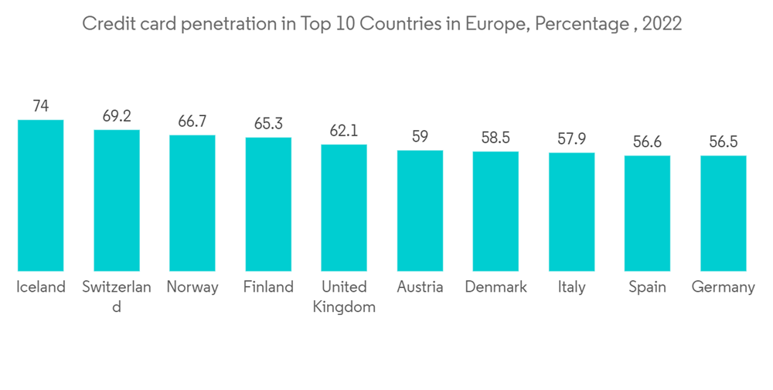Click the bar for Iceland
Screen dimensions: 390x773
click(41, 195)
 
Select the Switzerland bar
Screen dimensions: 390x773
click(117, 200)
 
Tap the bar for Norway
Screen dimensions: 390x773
click(192, 203)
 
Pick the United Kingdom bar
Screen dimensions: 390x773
click(344, 207)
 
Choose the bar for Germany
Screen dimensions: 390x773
click(724, 213)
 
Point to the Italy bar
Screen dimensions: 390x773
click(572, 211)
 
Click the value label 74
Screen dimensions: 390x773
click(41, 106)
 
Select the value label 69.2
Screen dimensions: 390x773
click(117, 116)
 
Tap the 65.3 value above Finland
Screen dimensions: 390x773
click(268, 124)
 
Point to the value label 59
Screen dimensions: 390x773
click(420, 137)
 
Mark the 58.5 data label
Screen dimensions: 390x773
click(495, 138)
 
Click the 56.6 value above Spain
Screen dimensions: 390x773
click(648, 142)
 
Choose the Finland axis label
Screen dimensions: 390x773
click(268, 287)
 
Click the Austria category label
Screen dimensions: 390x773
click(420, 287)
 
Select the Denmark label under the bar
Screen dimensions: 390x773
click(495, 287)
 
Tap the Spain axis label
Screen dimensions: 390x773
click(648, 288)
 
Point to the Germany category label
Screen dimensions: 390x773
click(724, 288)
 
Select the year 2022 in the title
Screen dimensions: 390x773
click(661, 24)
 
